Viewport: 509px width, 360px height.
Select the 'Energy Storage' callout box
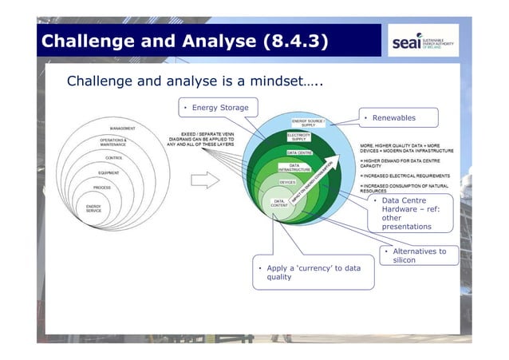coord(215,108)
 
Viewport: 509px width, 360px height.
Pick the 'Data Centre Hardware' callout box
coord(410,213)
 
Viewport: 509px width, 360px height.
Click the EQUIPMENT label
coord(109,172)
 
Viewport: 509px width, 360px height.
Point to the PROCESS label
coord(101,187)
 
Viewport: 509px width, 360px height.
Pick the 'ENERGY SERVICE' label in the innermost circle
coord(94,208)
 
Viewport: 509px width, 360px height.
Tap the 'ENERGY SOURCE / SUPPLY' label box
coord(308,122)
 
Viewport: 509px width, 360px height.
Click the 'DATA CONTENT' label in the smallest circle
coord(279,204)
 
